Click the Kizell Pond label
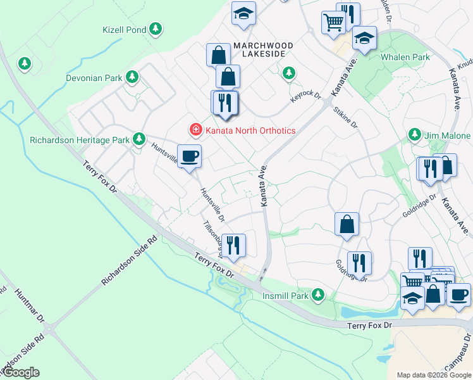coord(124,30)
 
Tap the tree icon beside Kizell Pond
coord(156,29)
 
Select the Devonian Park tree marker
coord(132,77)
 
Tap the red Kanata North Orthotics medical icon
coord(196,130)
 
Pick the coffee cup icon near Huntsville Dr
coord(188,156)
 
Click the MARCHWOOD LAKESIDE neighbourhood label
coord(263,51)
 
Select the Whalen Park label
coord(405,57)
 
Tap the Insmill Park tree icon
coord(319,294)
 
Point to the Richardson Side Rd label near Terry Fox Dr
coord(128,261)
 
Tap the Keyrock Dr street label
coord(306,96)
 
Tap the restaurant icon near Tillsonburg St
coord(233,244)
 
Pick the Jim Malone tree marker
coord(415,134)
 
